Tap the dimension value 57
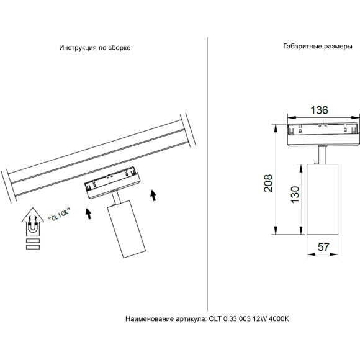pyautogui.click(x=323, y=246)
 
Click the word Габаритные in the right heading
pyautogui.click(x=302, y=47)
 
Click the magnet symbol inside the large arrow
pyautogui.click(x=32, y=229)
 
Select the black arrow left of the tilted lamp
pyautogui.click(x=88, y=214)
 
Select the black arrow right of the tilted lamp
pyautogui.click(x=152, y=196)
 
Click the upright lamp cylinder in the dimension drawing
pyautogui.click(x=323, y=199)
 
